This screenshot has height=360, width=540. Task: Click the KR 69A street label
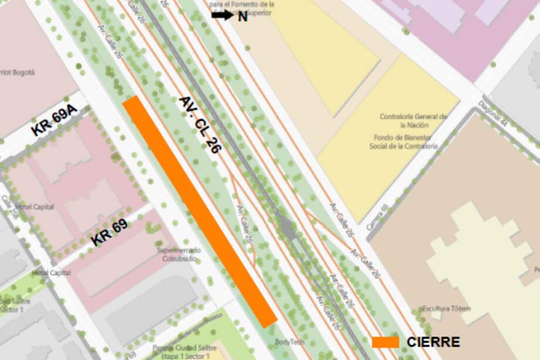point(54,122)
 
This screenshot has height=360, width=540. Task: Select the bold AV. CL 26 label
point(200,125)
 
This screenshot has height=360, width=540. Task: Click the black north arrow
point(222,15)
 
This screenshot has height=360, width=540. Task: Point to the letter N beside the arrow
point(242,16)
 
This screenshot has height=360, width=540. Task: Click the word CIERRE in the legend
point(433,342)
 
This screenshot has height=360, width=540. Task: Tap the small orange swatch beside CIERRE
point(385,342)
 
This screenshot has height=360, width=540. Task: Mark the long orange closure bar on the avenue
point(200,211)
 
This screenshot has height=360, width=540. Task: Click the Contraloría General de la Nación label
point(413,120)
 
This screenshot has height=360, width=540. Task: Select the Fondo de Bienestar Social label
point(403,142)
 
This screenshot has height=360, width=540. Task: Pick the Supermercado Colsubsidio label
point(178,254)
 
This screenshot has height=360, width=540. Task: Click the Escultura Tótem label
point(446,308)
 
